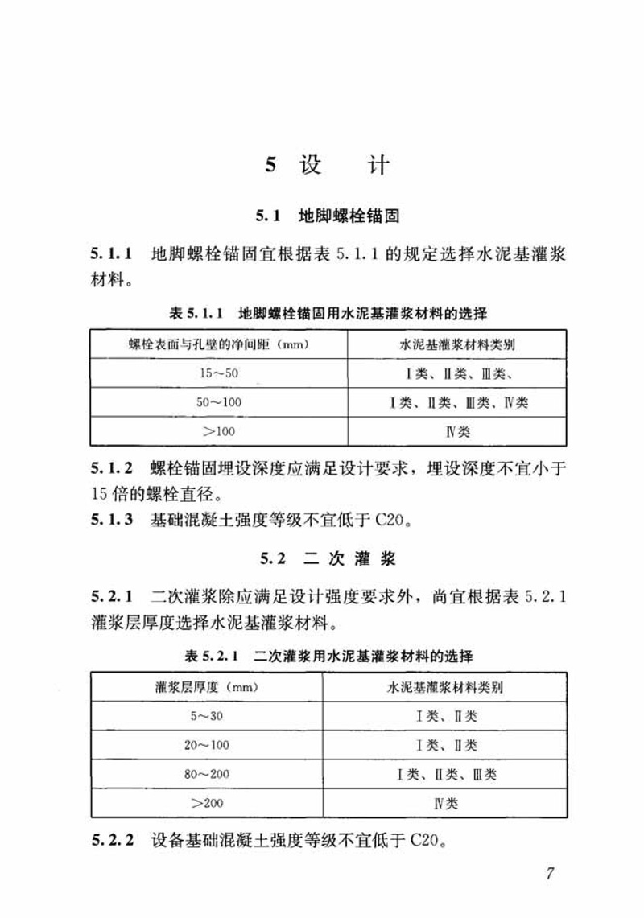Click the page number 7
(550, 875)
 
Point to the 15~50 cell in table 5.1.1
(219, 373)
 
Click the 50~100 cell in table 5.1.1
(219, 402)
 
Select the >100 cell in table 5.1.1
(219, 431)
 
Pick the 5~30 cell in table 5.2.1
(206, 716)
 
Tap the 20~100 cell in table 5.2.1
(206, 745)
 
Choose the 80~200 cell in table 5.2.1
(206, 774)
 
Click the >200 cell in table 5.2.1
(206, 803)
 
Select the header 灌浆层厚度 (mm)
(206, 687)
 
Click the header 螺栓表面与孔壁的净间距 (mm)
(219, 344)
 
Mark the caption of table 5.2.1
(328, 657)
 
